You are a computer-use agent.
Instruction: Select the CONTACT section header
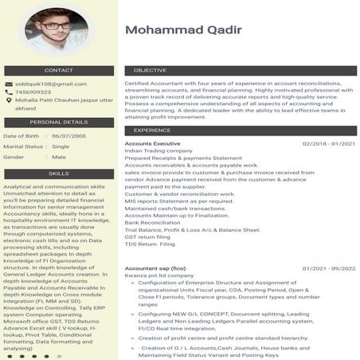58,70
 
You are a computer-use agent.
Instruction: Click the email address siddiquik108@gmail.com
51,84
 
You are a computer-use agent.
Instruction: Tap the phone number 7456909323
34,92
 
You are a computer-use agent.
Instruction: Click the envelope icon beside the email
8,84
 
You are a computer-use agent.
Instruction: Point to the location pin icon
8,103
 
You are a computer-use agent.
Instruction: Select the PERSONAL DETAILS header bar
58,122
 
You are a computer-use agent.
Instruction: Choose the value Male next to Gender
59,157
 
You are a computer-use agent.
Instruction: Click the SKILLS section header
58,173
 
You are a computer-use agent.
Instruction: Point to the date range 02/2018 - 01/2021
328,143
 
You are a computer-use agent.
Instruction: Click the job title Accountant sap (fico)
155,268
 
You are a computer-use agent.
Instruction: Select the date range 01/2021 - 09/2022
328,268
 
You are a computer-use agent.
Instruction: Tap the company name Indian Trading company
159,151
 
